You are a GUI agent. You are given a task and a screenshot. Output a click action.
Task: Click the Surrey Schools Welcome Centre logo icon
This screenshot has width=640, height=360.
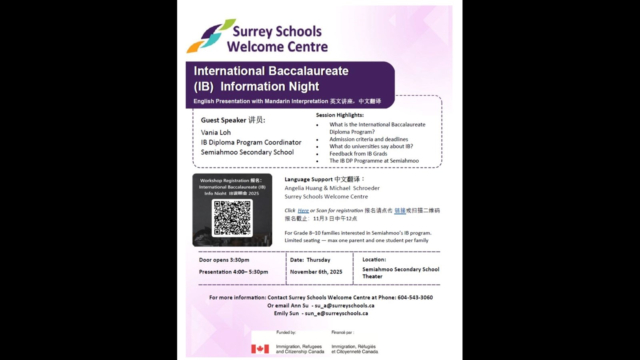210,36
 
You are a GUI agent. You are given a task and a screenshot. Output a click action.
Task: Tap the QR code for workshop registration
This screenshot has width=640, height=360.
232,218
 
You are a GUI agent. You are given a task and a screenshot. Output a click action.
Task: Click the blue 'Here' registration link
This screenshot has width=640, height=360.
303,210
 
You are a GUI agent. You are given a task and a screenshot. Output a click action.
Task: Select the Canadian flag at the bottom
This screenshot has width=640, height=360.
260,349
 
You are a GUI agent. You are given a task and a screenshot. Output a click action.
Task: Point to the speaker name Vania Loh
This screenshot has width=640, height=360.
216,132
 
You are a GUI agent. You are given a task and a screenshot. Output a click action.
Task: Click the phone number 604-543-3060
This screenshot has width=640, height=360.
415,298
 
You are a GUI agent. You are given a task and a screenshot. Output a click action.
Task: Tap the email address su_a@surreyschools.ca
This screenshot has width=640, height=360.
344,306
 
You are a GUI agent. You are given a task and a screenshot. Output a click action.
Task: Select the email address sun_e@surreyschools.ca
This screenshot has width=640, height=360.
336,314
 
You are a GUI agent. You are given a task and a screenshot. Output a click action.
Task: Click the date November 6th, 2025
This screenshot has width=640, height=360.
316,272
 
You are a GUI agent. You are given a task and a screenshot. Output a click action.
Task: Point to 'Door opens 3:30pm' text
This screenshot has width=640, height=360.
224,260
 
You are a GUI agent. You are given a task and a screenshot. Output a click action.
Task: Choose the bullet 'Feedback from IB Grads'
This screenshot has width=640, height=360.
358,154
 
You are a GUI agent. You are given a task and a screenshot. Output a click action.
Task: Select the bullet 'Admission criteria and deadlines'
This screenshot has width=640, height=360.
368,139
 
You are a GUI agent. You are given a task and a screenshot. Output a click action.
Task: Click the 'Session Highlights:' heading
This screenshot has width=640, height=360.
340,115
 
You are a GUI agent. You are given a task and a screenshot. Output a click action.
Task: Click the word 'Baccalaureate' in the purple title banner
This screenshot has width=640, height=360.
308,71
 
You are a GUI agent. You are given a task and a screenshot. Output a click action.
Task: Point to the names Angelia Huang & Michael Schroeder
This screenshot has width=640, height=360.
332,188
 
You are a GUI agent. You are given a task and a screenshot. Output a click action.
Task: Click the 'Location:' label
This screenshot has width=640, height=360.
374,260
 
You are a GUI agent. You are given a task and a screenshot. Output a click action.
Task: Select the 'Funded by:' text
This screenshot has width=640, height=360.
286,332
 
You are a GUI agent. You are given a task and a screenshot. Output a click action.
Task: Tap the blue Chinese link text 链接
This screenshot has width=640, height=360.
400,210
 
